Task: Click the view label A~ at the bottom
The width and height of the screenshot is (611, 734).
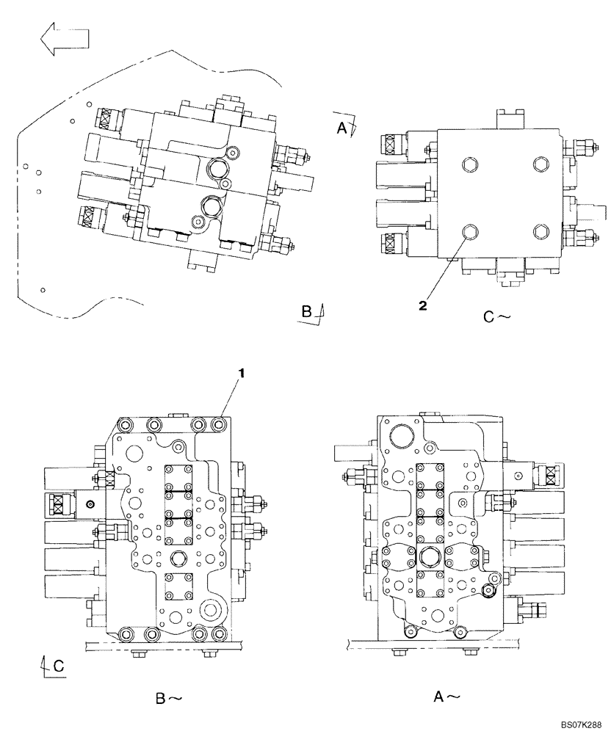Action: (446, 695)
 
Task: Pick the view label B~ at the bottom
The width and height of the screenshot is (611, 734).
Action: (168, 699)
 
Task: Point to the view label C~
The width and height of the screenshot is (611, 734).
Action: (496, 317)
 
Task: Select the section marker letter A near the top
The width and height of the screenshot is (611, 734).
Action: (341, 127)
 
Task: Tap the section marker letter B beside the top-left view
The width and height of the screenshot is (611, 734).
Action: (307, 311)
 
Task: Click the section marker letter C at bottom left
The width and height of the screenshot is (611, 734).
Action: (58, 666)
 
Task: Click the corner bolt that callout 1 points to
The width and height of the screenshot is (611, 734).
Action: (218, 424)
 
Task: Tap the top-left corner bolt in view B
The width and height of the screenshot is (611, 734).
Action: (126, 424)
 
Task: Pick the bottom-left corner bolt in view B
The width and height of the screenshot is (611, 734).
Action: (126, 633)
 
